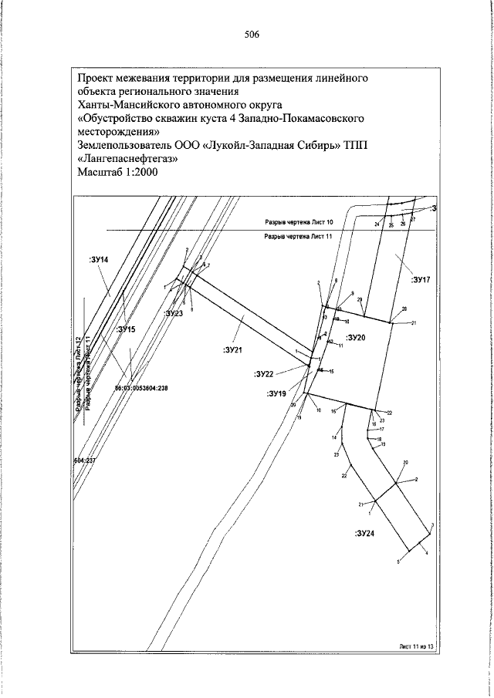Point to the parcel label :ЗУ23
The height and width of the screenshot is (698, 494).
tap(174, 314)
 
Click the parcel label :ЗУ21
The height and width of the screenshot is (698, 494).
tap(233, 349)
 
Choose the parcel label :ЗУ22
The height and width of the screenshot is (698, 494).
tap(264, 374)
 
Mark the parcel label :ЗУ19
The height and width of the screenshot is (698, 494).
tap(277, 393)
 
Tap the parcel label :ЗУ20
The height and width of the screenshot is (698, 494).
tap(356, 338)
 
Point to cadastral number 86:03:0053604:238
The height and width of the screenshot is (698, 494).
tap(141, 388)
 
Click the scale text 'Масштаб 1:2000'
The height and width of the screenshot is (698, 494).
tap(117, 173)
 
